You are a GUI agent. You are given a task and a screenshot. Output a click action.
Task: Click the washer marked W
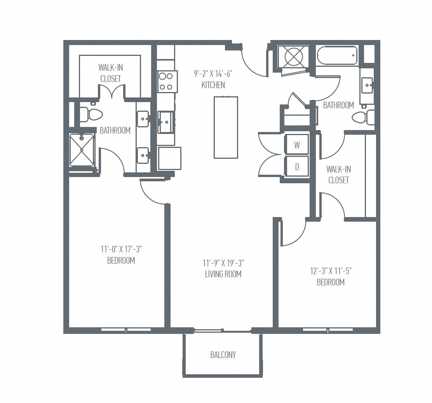(297, 145)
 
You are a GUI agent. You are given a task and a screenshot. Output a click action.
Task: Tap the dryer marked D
(297, 167)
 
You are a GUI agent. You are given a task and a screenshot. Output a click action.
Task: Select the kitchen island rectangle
(226, 127)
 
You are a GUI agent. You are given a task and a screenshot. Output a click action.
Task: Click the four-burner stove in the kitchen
(167, 82)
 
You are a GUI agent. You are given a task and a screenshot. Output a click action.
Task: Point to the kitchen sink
(166, 122)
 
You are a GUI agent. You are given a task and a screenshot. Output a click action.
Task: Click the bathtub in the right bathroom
(337, 56)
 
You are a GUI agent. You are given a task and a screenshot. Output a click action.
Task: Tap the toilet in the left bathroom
(92, 115)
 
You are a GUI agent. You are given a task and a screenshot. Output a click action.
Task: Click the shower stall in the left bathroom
(82, 150)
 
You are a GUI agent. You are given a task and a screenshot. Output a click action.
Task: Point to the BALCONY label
(223, 354)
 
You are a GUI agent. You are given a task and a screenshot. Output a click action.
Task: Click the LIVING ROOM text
(223, 274)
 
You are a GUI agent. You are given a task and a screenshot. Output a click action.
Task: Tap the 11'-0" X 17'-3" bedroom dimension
(121, 249)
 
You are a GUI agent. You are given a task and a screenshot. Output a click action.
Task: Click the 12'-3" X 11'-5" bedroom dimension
(331, 271)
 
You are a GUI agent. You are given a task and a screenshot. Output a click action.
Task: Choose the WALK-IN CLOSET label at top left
(110, 73)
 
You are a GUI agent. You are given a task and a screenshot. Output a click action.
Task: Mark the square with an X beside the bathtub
(294, 57)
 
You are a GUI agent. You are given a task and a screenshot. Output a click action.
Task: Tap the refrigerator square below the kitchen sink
(169, 158)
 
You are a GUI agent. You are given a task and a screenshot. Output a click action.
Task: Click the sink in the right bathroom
(367, 85)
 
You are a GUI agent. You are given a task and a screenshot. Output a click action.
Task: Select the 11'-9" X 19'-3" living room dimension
(223, 263)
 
